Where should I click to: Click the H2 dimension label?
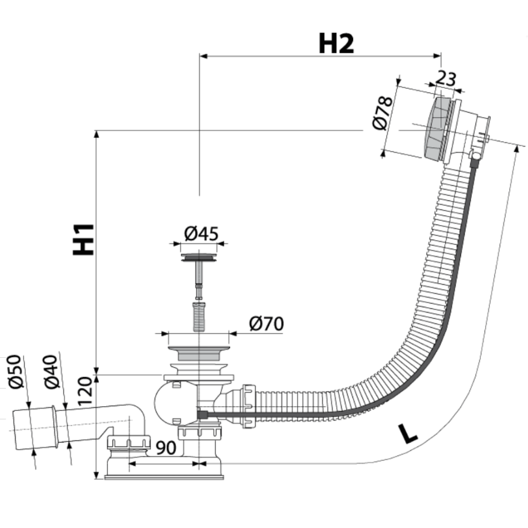(x=336, y=43)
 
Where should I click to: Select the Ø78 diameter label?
(x=383, y=113)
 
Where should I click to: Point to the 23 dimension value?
(x=445, y=78)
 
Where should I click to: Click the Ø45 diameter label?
(x=201, y=233)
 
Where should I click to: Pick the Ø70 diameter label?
(x=266, y=324)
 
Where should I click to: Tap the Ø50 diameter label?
(x=15, y=372)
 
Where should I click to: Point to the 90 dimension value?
(x=165, y=448)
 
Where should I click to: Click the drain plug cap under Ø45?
(x=199, y=258)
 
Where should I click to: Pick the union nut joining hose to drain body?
(x=248, y=405)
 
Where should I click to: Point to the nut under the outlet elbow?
(x=128, y=442)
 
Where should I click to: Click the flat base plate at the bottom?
(x=164, y=477)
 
